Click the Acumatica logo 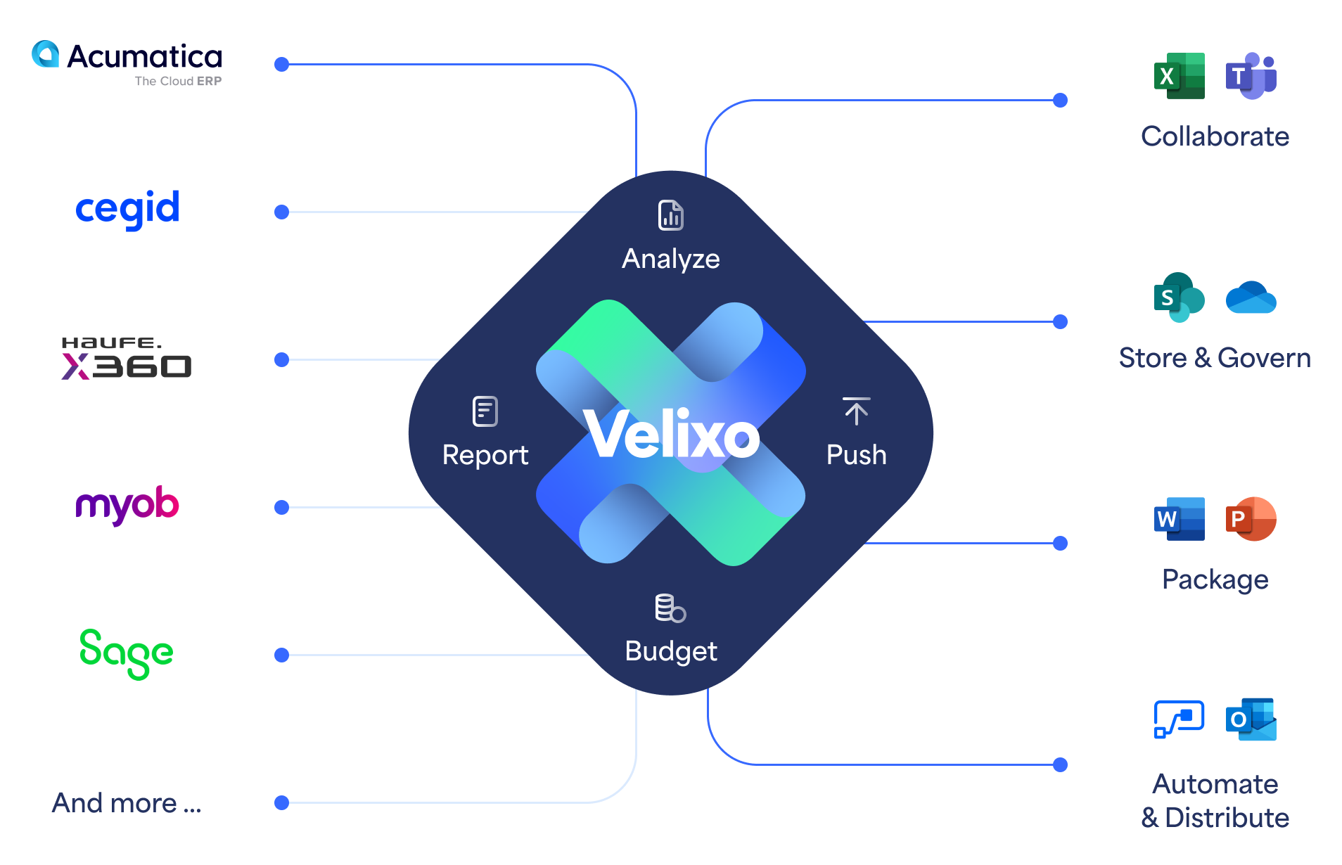pyautogui.click(x=127, y=63)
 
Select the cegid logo pyautogui.click(x=127, y=209)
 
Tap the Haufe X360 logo pyautogui.click(x=127, y=359)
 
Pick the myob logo pyautogui.click(x=127, y=505)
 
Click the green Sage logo pyautogui.click(x=127, y=653)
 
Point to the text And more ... pyautogui.click(x=127, y=803)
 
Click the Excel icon pyautogui.click(x=1180, y=76)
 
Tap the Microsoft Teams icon pyautogui.click(x=1251, y=76)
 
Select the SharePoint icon pyautogui.click(x=1180, y=297)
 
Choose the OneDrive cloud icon pyautogui.click(x=1251, y=297)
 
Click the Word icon pyautogui.click(x=1180, y=519)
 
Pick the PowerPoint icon pyautogui.click(x=1251, y=519)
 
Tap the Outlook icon pyautogui.click(x=1251, y=719)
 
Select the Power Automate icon pyautogui.click(x=1180, y=719)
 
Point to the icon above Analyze pyautogui.click(x=671, y=215)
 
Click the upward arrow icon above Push pyautogui.click(x=857, y=411)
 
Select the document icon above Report pyautogui.click(x=485, y=411)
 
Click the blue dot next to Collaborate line pyautogui.click(x=1061, y=101)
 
